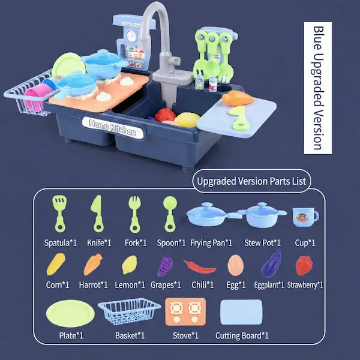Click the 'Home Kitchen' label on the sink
[x=113, y=127]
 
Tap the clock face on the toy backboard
[x=131, y=36]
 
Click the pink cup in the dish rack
[x=36, y=97]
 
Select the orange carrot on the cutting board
[x=238, y=98]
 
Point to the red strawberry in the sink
[x=166, y=115]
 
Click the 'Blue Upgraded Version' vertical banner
[x=317, y=88]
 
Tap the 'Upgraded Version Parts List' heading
[x=251, y=181]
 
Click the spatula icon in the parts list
[x=59, y=214]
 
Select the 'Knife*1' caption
[x=99, y=242]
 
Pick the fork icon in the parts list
[x=135, y=214]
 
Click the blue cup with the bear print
[x=305, y=217]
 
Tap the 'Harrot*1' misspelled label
[x=94, y=285]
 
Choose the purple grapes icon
[x=165, y=266]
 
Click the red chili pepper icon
[x=200, y=267]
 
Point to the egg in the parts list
[x=236, y=265]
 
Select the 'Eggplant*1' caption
[x=269, y=285]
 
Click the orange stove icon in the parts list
[x=185, y=311]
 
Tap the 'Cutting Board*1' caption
[x=242, y=335]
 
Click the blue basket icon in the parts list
[x=129, y=311]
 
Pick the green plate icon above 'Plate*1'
[x=70, y=313]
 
